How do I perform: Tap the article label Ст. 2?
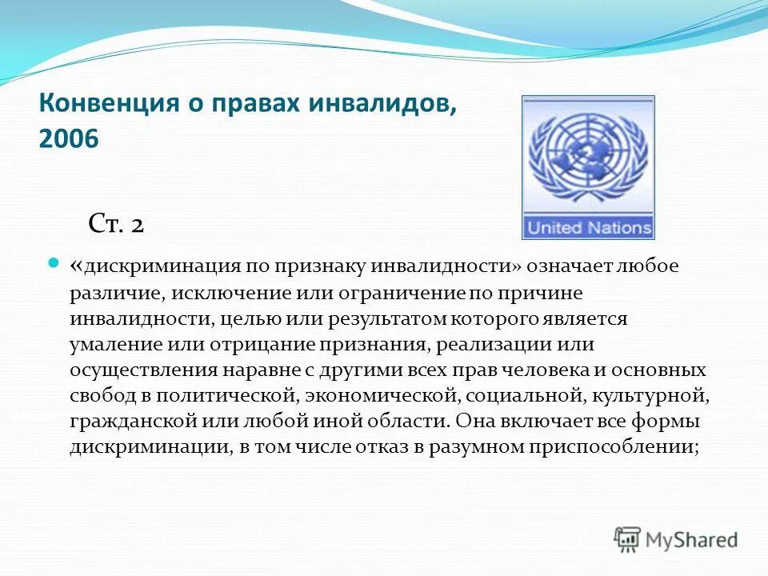[x=115, y=225]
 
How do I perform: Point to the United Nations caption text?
[x=588, y=227]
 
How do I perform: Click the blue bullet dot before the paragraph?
[x=54, y=262]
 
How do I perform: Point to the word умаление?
[x=111, y=345]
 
